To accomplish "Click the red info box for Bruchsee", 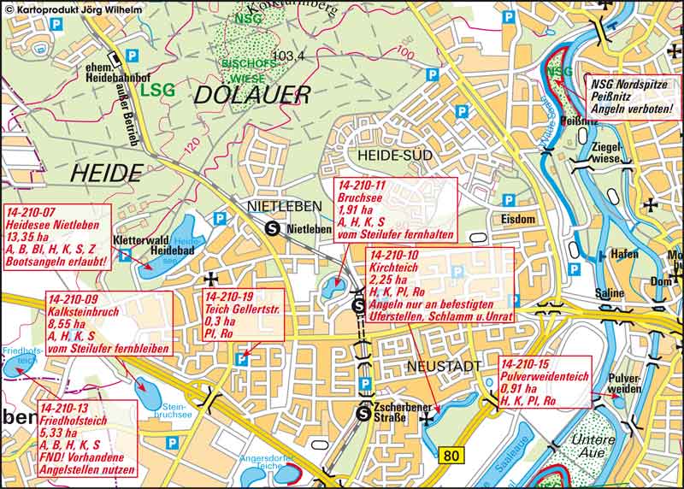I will point(394,210).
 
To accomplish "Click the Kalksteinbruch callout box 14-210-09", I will point(107,323).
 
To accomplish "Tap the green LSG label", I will point(157,88).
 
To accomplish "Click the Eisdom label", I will point(518,219).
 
